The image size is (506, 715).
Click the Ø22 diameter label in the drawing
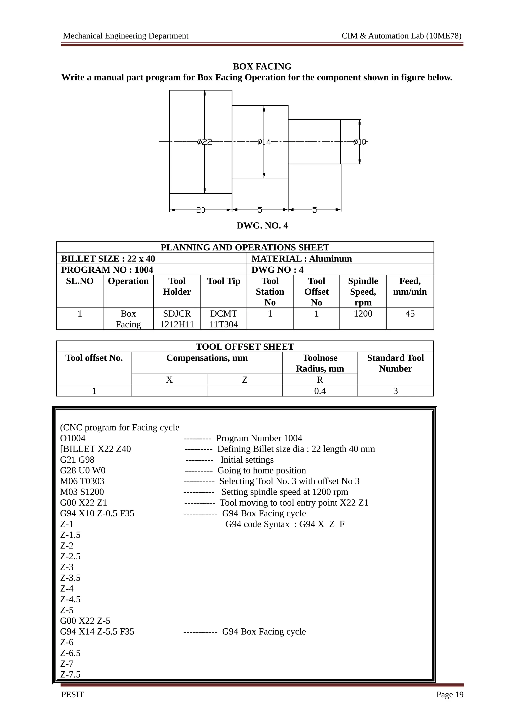pos(205,142)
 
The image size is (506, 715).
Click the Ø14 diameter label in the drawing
pos(264,142)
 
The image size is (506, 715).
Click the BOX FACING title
pos(262,67)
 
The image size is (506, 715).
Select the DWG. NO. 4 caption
pos(262,226)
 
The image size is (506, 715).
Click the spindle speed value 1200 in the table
pos(363,314)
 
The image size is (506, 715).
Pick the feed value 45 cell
pos(410,314)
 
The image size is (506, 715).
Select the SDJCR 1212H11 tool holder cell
pos(177,319)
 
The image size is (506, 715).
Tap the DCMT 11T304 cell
pos(224,319)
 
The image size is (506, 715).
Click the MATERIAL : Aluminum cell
pos(301,259)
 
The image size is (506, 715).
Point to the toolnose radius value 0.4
pos(320,391)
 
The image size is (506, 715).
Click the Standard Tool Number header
pos(395,363)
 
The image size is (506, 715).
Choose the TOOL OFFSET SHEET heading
pos(245,347)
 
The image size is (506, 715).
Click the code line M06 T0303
pos(82,481)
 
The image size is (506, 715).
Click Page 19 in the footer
pos(450,695)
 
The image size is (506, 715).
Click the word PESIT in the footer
pos(73,695)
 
